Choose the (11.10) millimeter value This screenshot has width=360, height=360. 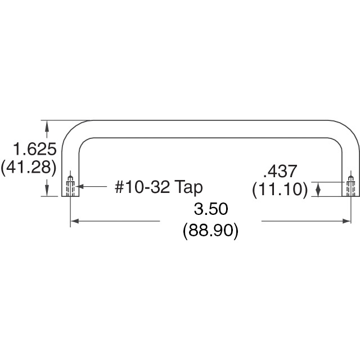click(280, 189)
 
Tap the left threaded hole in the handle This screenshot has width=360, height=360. click(70, 185)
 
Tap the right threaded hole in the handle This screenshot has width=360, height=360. click(351, 185)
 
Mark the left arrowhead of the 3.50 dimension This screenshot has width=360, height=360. click(74, 222)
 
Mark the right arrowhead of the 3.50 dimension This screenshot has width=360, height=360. click(347, 222)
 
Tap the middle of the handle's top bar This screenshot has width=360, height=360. click(210, 128)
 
